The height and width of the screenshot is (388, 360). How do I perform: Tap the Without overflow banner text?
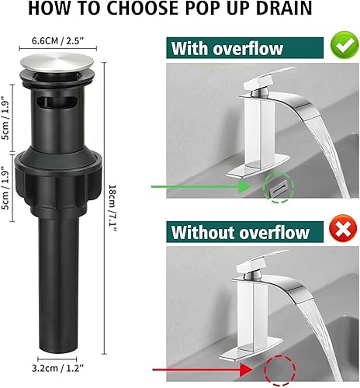click(x=241, y=232)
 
